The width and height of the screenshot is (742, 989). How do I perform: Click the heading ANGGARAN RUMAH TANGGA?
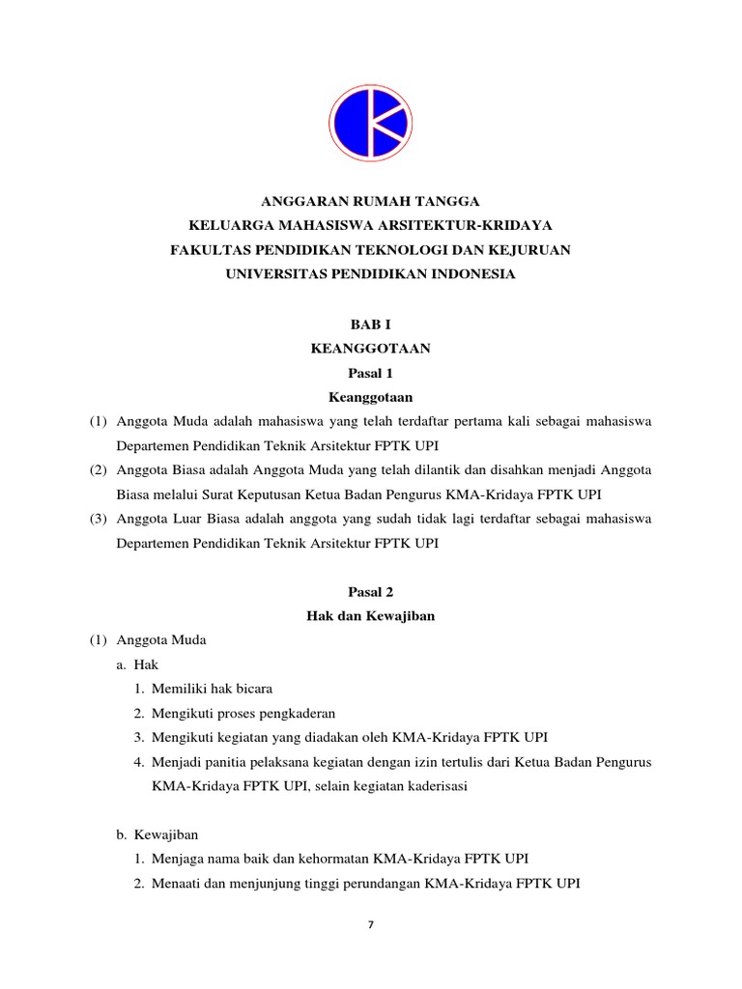pyautogui.click(x=371, y=201)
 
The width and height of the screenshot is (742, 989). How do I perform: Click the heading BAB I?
pyautogui.click(x=371, y=325)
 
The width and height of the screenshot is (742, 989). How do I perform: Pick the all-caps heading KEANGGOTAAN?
pyautogui.click(x=371, y=349)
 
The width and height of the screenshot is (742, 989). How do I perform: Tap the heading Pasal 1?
pyautogui.click(x=371, y=373)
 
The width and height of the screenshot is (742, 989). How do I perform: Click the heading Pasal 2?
pyautogui.click(x=371, y=591)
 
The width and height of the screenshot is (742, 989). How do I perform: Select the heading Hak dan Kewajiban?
pyautogui.click(x=371, y=616)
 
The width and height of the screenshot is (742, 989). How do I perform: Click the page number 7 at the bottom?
pyautogui.click(x=371, y=924)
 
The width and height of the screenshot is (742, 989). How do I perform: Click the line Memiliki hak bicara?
pyautogui.click(x=212, y=690)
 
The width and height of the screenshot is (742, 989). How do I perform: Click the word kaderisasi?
pyautogui.click(x=436, y=787)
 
